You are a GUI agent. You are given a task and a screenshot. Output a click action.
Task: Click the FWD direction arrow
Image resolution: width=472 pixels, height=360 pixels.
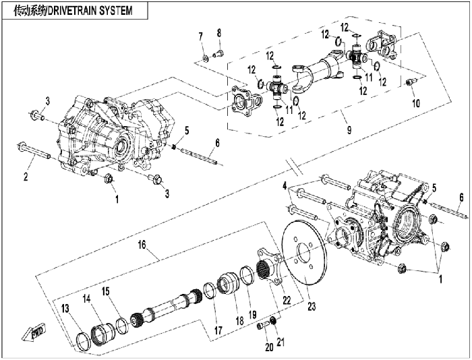click(x=34, y=332)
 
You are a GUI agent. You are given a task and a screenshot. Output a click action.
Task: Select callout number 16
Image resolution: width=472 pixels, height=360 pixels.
click(x=142, y=245)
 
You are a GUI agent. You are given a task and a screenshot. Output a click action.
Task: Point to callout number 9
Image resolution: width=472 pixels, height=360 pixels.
click(x=349, y=130)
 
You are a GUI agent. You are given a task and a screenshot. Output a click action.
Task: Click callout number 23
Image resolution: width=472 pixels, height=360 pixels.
click(x=312, y=307)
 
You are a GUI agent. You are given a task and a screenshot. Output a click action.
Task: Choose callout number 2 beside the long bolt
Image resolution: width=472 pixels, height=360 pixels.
click(x=26, y=177)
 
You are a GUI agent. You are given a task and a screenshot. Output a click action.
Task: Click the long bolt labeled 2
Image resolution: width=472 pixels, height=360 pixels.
click(x=34, y=151)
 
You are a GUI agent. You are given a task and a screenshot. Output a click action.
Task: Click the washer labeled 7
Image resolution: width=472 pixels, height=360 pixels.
click(x=205, y=58)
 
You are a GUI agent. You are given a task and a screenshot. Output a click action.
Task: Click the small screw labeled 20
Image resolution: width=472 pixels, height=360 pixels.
click(x=261, y=326)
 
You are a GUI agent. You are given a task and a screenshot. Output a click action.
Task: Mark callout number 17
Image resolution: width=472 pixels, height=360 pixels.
click(x=218, y=330)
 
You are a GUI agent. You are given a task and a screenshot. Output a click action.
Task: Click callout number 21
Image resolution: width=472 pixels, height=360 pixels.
click(x=281, y=342)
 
